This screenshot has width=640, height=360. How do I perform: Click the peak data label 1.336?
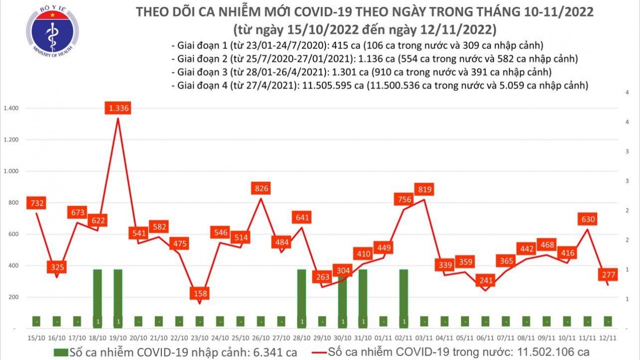[x=118, y=107]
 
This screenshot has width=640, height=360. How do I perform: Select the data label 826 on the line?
[x=261, y=188]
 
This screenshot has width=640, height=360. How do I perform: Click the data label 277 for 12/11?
[x=607, y=274]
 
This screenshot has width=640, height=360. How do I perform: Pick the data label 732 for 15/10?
[x=37, y=202]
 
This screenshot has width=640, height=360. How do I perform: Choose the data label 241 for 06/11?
[x=484, y=280]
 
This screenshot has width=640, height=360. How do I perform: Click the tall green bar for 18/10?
[x=97, y=297]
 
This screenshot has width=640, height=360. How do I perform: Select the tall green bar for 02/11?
[x=403, y=297]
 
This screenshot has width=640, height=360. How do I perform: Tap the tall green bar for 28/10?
[x=301, y=297]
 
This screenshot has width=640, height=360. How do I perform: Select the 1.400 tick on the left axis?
[x=10, y=108]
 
